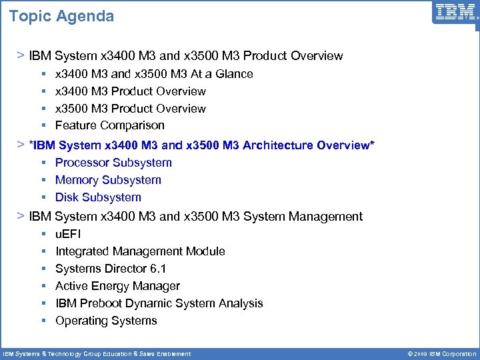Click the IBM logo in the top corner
[x=455, y=13]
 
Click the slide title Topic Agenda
[x=61, y=16]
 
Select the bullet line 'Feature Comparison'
[x=109, y=125]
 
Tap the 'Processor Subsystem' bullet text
[x=113, y=163]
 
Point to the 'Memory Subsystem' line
[x=108, y=180]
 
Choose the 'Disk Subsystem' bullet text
[x=98, y=197]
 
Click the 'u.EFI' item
[x=68, y=234]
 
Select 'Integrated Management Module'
[x=140, y=251]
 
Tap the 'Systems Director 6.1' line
[x=111, y=269]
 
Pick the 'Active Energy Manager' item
[x=117, y=286]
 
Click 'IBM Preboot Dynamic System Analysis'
[x=159, y=303]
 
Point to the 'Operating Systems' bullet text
[x=106, y=321]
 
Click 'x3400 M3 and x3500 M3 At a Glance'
[x=154, y=74]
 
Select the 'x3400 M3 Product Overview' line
[x=131, y=91]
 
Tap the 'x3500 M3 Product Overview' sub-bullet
[x=131, y=109]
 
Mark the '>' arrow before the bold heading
[x=21, y=144]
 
